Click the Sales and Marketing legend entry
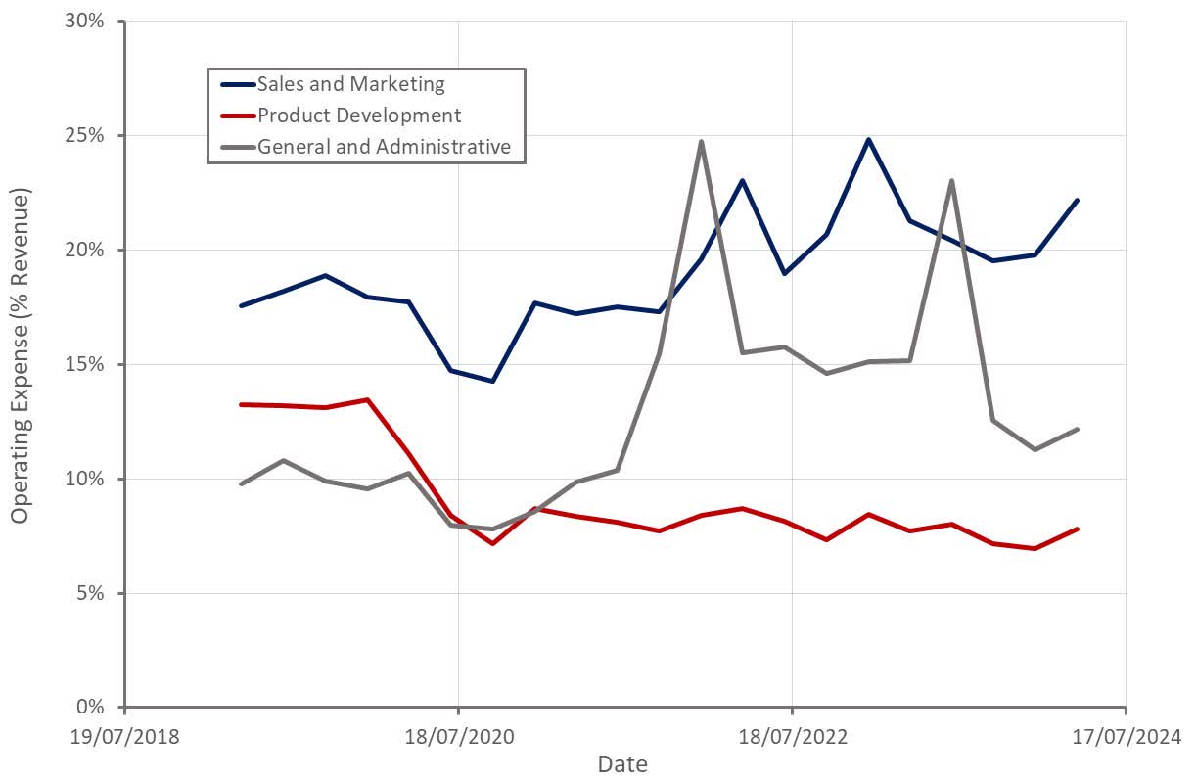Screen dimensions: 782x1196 tap(350, 84)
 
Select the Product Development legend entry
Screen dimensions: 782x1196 tap(358, 115)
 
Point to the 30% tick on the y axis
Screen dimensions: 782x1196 tap(84, 21)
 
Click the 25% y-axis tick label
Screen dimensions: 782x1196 tap(84, 135)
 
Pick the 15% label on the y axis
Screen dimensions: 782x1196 tap(84, 364)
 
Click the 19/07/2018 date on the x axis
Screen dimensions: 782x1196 tap(125, 735)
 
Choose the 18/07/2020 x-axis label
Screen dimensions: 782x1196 tap(458, 735)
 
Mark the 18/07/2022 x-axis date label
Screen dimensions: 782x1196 tap(792, 735)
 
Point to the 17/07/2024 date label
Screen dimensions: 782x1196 tap(1126, 735)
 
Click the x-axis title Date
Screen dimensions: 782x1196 tap(622, 764)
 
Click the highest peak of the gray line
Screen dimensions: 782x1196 tap(701, 141)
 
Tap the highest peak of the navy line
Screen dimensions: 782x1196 tap(868, 139)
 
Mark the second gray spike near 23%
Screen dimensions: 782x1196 tap(951, 180)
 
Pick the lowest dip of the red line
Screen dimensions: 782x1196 tap(493, 543)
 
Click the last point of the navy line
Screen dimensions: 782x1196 tap(1077, 200)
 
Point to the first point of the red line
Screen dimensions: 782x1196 tap(241, 404)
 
